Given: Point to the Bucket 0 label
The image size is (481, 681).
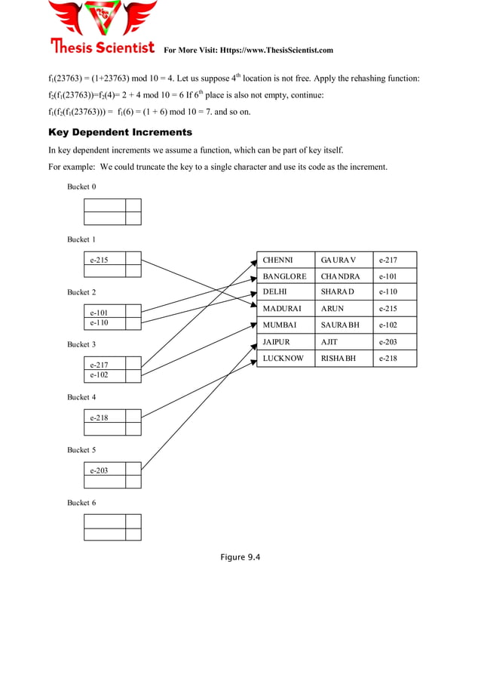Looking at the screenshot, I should [81, 186].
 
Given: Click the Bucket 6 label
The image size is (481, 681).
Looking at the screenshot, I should [81, 502].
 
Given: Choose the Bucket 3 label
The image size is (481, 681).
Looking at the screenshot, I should [81, 344].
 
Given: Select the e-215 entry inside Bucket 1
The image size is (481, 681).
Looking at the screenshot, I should [99, 260].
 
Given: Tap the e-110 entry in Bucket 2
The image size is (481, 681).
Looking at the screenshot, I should [99, 322].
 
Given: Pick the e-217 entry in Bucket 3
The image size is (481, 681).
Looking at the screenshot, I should [99, 365].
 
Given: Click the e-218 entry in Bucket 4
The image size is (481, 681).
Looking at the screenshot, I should [99, 417].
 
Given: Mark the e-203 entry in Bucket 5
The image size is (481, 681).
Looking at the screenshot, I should [99, 470].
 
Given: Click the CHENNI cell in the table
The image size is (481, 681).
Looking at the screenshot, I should [277, 260].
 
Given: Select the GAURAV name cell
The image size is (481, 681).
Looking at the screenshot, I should [338, 260].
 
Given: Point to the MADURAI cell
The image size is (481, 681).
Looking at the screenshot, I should [282, 309].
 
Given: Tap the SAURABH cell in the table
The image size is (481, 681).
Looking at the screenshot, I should [340, 325].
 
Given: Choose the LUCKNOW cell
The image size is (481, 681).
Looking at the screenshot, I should [283, 358].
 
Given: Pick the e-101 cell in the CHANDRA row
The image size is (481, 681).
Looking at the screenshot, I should [388, 276].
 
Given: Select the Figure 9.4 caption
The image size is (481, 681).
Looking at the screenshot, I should [240, 557].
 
